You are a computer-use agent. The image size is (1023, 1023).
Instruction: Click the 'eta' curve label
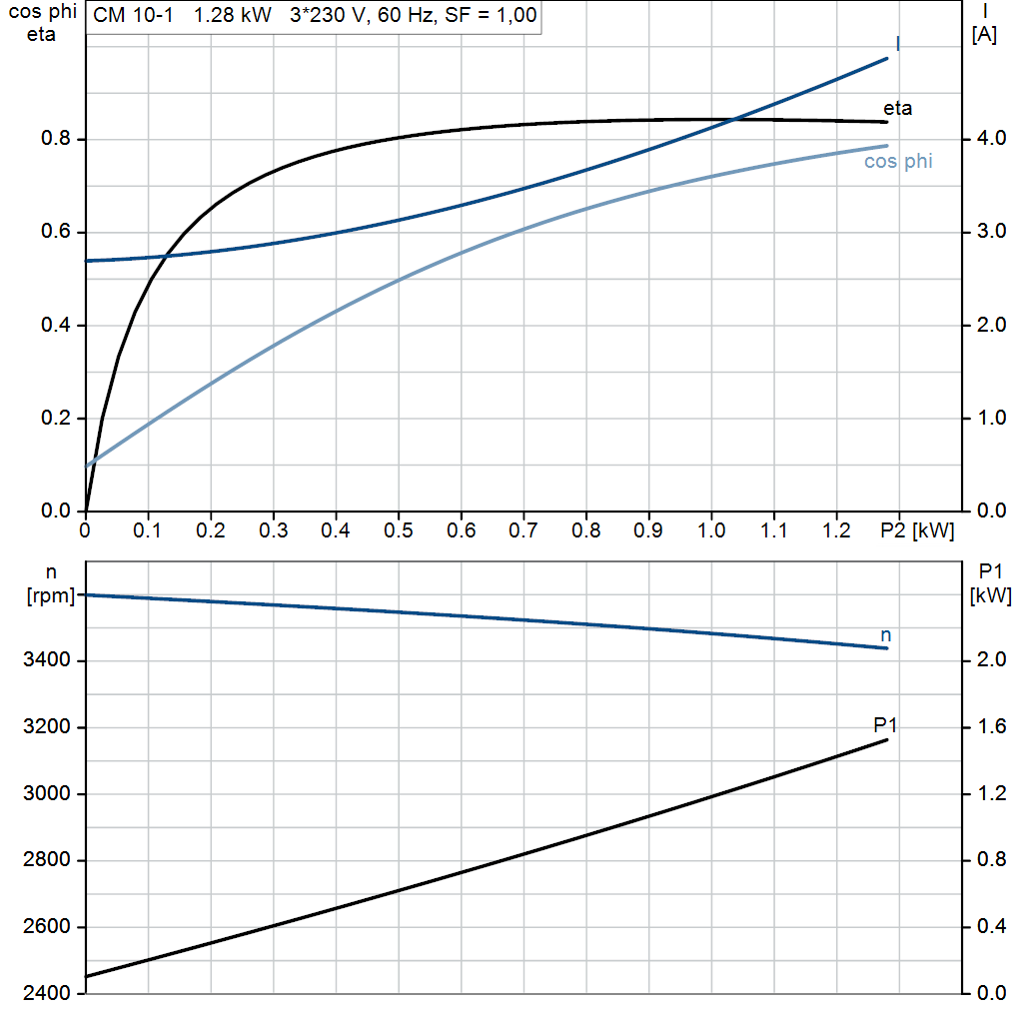pyautogui.click(x=897, y=109)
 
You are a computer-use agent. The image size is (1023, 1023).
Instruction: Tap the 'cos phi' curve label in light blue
pyautogui.click(x=898, y=162)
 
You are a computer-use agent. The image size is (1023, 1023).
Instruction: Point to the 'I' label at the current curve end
pyautogui.click(x=897, y=43)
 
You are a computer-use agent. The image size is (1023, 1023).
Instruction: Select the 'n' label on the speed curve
pyautogui.click(x=885, y=634)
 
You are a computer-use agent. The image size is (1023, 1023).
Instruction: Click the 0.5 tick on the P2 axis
pyautogui.click(x=398, y=530)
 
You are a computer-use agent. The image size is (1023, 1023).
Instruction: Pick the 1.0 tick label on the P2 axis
pyautogui.click(x=711, y=530)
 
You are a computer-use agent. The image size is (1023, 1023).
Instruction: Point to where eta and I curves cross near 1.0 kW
pyautogui.click(x=733, y=120)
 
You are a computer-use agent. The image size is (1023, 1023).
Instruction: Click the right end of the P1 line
pyautogui.click(x=886, y=739)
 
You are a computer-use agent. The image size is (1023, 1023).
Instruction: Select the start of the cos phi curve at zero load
pyautogui.click(x=87, y=466)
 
